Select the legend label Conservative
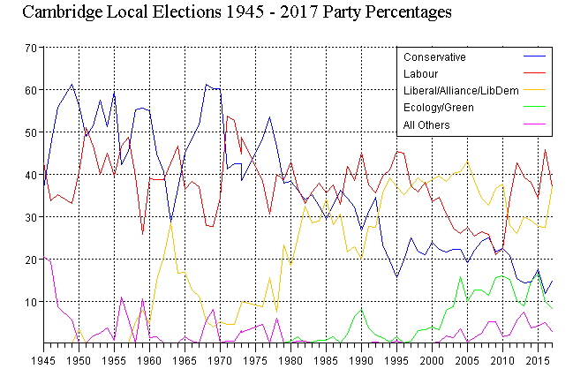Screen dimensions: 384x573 point(434,57)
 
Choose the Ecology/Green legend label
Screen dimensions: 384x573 point(438,108)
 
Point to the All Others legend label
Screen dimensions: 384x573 point(426,124)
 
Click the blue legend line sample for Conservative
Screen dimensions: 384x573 point(535,57)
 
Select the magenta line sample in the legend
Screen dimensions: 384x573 point(535,124)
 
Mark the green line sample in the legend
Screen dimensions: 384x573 point(535,108)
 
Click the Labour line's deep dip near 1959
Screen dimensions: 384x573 point(142,234)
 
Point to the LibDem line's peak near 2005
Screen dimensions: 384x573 point(468,162)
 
